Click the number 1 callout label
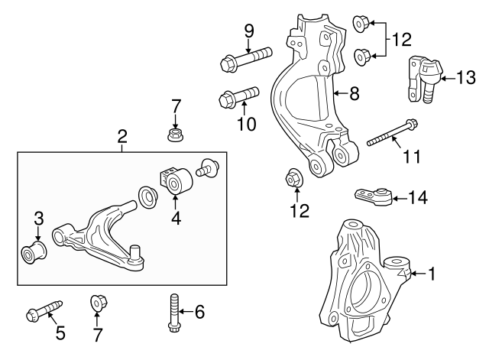pyautogui.click(x=432, y=272)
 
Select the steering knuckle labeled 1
pyautogui.click(x=359, y=283)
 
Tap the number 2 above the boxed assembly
pyautogui.click(x=121, y=137)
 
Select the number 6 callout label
pyautogui.click(x=199, y=311)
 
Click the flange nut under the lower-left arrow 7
pyautogui.click(x=98, y=303)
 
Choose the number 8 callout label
pyautogui.click(x=354, y=95)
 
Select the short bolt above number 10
pyautogui.click(x=238, y=97)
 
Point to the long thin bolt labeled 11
pyautogui.click(x=391, y=134)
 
